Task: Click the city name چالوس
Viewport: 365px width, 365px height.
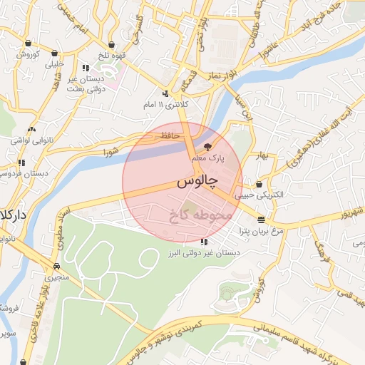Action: (195, 183)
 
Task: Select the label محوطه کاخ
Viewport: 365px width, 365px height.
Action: (202, 213)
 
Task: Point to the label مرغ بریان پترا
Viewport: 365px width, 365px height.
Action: (262, 232)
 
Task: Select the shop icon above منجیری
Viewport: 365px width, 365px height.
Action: (56, 260)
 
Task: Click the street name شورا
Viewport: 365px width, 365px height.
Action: (110, 152)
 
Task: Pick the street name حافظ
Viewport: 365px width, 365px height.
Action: (168, 135)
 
